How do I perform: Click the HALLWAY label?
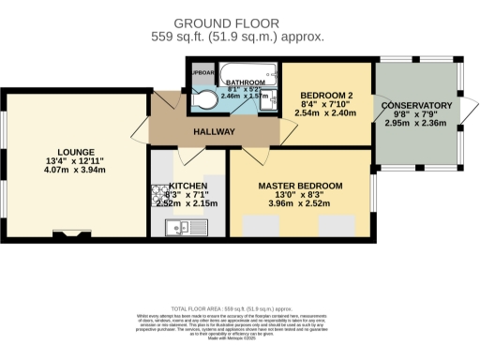(214, 132)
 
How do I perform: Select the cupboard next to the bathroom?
(200, 72)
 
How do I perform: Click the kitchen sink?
(178, 226)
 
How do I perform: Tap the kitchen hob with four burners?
(156, 198)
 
